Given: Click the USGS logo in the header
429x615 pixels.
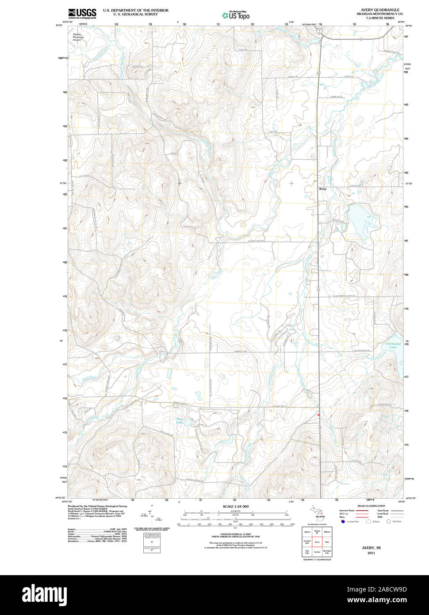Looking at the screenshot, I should coord(82,13).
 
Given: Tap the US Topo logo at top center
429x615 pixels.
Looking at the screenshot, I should coord(236,15).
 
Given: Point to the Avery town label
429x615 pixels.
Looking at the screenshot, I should coord(322,189).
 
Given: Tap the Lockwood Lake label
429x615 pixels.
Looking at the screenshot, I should coord(393,346).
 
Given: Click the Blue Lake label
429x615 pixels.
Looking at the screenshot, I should coord(180,421).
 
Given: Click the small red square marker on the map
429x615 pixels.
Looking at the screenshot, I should coord(318,415).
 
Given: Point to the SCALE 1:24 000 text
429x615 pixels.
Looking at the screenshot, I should coord(235,506).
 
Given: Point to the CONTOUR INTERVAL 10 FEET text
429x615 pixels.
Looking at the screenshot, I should coord(235,535).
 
